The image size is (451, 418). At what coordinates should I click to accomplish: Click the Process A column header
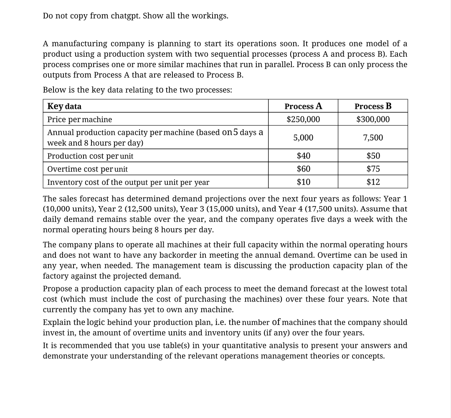[303, 106]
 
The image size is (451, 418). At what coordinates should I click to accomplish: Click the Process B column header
[373, 106]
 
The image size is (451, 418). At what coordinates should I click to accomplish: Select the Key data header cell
[64, 106]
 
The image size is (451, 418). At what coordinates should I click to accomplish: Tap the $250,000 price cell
[303, 119]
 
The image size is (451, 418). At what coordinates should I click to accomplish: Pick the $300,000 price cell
[373, 119]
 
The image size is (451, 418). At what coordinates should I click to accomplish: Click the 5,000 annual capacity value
[303, 138]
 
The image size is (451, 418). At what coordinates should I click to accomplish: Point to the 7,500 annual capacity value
[373, 138]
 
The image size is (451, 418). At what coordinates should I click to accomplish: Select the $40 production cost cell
[303, 156]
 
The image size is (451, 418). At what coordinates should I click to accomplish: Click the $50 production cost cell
[373, 156]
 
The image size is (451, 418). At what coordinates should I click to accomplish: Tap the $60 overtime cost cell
[303, 169]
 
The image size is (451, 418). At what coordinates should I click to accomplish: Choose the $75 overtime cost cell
[373, 169]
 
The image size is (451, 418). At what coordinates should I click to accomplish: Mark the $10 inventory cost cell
[303, 182]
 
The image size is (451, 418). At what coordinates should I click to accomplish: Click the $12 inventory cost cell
[373, 182]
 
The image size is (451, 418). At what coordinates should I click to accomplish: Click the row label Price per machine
[79, 120]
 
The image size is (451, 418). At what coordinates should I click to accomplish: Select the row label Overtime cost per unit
[87, 169]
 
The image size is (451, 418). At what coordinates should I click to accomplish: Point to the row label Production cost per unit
[90, 156]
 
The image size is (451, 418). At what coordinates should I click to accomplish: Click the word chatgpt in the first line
[126, 16]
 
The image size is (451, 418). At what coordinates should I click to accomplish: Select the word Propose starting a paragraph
[57, 289]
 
